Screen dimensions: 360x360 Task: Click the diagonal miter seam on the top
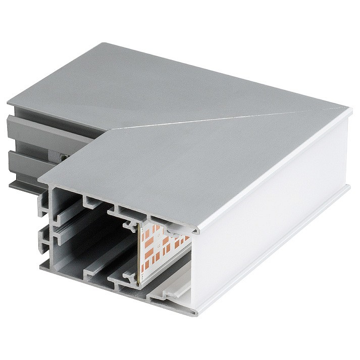(227, 117)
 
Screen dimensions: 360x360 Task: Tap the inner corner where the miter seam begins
(108, 129)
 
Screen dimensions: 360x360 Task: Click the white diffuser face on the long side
(268, 222)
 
